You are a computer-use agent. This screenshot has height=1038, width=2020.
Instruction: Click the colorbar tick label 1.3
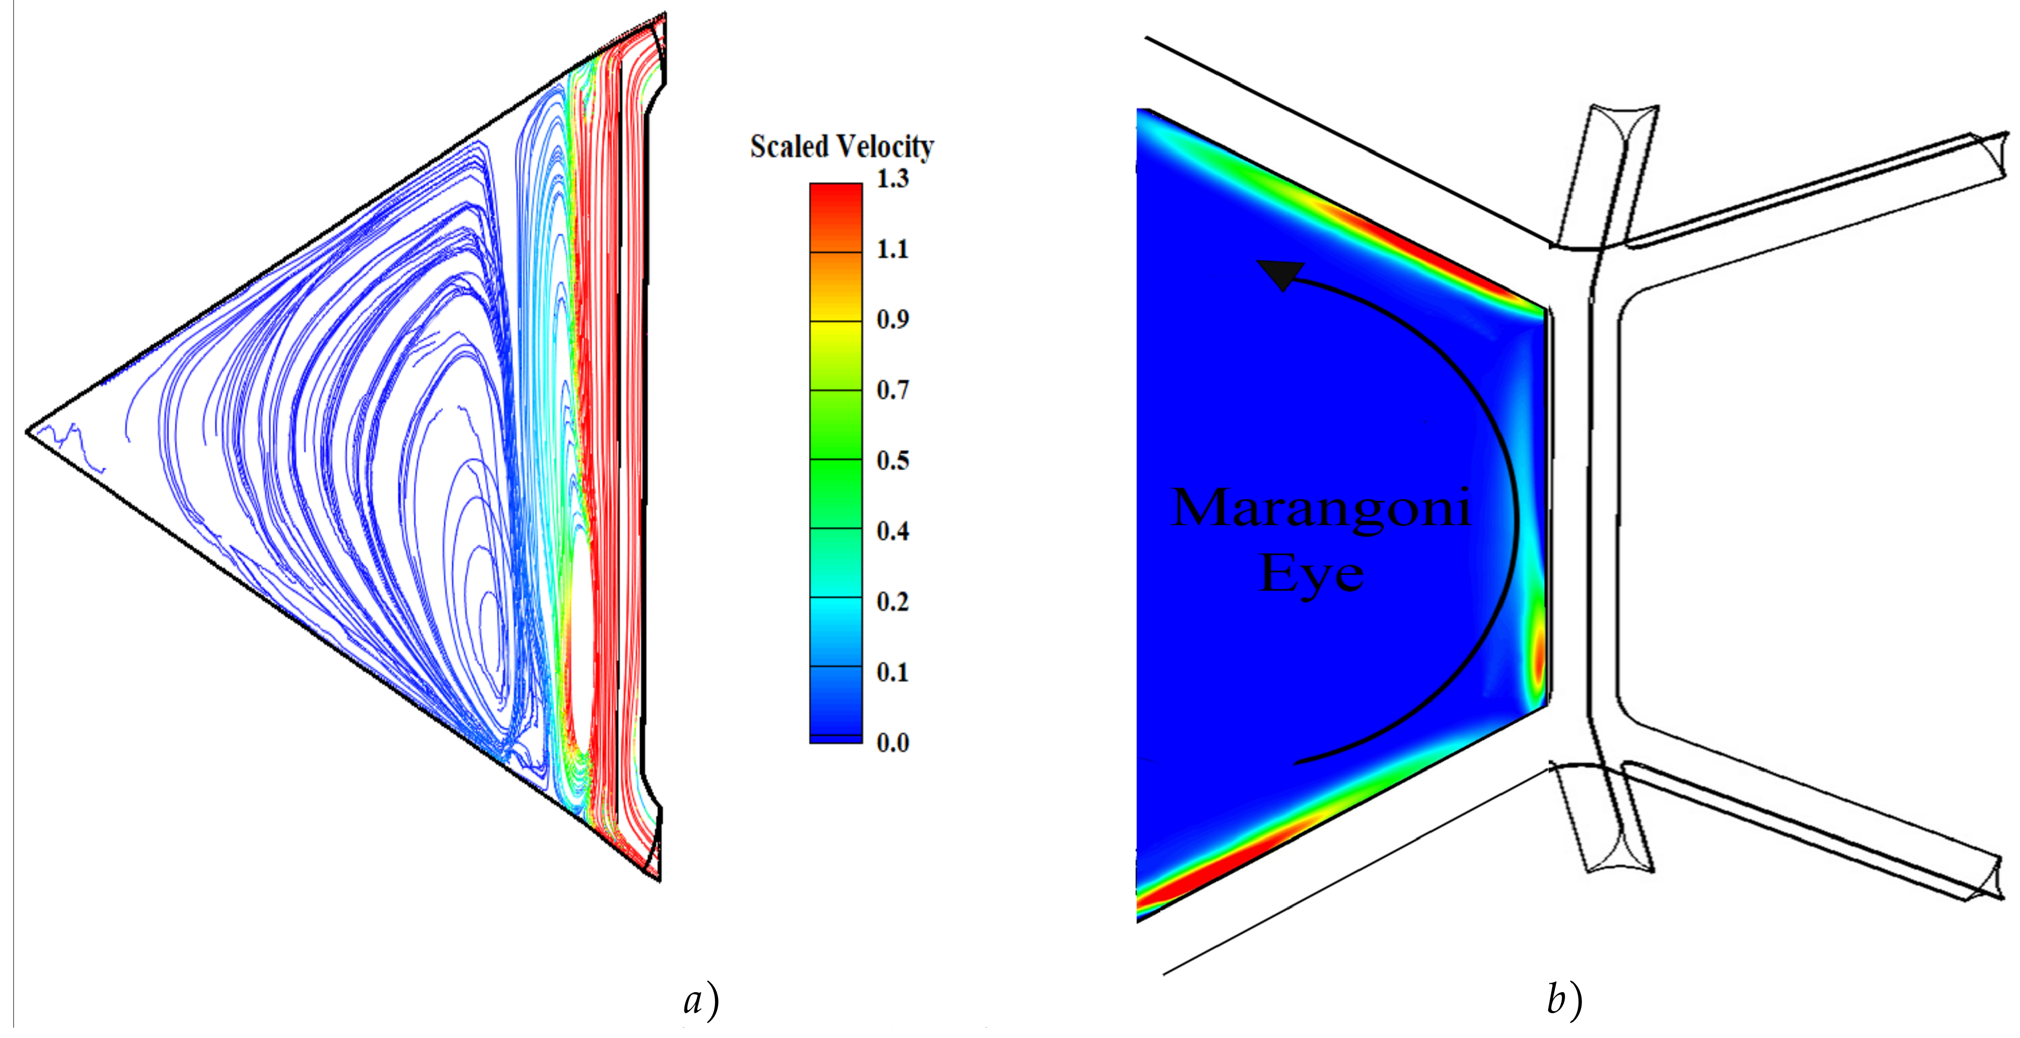click(x=892, y=179)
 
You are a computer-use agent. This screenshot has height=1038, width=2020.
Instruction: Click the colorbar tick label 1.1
click(x=892, y=249)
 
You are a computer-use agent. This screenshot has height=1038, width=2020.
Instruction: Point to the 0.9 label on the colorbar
click(x=892, y=319)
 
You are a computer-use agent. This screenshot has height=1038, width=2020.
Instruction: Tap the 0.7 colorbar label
click(x=892, y=390)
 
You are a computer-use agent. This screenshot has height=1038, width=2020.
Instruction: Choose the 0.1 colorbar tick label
click(x=892, y=672)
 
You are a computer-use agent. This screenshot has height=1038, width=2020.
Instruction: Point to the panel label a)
click(x=701, y=1001)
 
